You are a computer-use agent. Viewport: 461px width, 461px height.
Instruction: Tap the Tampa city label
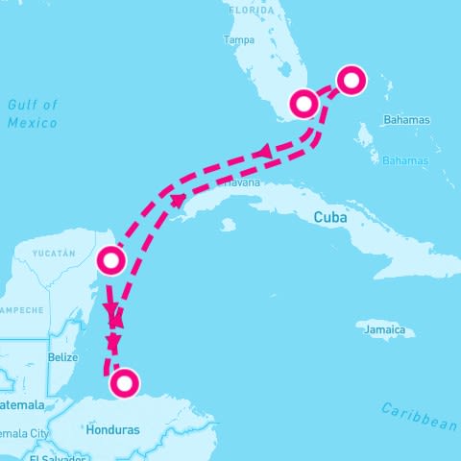point(238,40)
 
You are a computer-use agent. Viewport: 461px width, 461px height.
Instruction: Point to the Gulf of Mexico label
point(32,113)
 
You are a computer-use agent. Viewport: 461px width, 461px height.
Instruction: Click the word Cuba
point(328,218)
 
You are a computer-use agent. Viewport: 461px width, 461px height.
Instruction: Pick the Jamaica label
point(384,331)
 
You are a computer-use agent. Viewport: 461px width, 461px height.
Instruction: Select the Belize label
point(62,357)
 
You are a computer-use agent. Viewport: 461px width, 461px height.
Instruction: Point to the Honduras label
point(113,429)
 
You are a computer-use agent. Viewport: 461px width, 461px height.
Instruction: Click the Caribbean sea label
point(419,415)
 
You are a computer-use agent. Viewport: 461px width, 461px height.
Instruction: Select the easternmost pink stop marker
point(352,81)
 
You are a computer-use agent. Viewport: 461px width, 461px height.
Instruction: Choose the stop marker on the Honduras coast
point(124,384)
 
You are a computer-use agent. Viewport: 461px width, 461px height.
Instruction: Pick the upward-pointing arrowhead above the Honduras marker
point(114,341)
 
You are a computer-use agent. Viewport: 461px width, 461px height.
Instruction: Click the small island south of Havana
point(228,226)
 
